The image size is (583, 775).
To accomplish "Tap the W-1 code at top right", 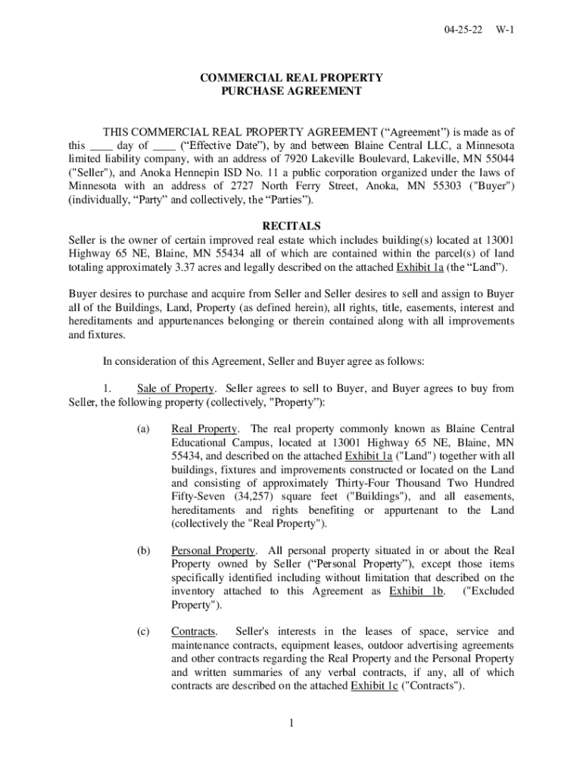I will pos(505,31).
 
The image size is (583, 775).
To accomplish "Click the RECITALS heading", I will pos(291,226).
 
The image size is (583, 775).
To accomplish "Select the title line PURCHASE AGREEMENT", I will pos(291,92).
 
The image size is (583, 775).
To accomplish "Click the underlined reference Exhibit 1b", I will pos(416,591).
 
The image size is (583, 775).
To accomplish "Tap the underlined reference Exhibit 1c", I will pos(376,686).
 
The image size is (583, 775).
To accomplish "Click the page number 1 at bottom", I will pos(291,724).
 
